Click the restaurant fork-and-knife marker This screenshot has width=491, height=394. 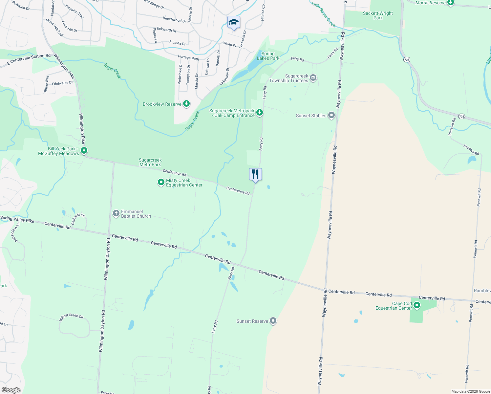[x=255, y=174]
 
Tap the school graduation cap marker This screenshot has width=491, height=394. [x=234, y=22]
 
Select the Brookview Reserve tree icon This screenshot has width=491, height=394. [x=186, y=104]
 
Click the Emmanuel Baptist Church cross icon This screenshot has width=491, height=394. [x=116, y=214]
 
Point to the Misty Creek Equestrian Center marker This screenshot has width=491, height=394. [x=161, y=182]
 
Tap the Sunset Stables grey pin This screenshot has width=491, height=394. [x=331, y=115]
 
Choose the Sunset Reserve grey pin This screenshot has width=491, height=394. [x=273, y=321]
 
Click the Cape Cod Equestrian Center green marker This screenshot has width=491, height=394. [x=417, y=305]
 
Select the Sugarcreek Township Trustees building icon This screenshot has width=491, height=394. [x=313, y=78]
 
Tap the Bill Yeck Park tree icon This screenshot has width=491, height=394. [x=84, y=150]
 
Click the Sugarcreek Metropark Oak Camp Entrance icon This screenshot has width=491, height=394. [x=260, y=113]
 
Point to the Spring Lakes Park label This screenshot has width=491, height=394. [x=268, y=56]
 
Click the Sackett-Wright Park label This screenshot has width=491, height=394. [x=378, y=15]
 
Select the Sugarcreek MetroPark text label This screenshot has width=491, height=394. [x=150, y=162]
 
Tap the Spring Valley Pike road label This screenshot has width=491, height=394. [x=17, y=219]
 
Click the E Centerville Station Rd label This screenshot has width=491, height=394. [x=29, y=59]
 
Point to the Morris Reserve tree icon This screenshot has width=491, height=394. [x=451, y=3]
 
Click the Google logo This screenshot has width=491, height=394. [x=11, y=390]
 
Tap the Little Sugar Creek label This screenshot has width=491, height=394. [x=323, y=14]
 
